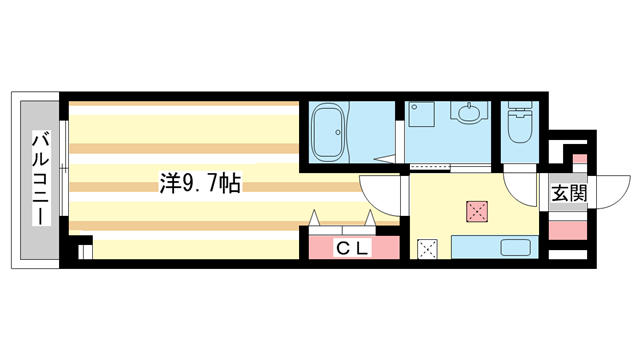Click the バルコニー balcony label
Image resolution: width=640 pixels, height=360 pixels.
click(41, 178)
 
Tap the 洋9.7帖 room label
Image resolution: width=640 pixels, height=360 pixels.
click(200, 183)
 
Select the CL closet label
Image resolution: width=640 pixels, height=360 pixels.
click(353, 248)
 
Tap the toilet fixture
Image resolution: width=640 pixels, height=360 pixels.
click(520, 122)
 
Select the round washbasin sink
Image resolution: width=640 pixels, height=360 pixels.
click(469, 113)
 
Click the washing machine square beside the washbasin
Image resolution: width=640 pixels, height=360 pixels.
click(422, 114)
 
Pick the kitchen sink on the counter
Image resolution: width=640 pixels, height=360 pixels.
click(516, 247)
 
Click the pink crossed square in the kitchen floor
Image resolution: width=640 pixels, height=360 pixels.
click(477, 211)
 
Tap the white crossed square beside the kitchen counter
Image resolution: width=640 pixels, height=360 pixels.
click(427, 249)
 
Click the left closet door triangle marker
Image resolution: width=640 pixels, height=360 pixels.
click(314, 218)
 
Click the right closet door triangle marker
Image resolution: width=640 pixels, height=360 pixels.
click(370, 218)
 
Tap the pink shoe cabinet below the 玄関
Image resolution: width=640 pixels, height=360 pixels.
click(567, 230)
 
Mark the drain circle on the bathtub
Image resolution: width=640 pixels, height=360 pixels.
click(338, 133)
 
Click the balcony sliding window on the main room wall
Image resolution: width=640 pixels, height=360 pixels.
click(63, 167)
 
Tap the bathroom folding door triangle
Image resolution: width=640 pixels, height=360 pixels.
click(385, 159)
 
